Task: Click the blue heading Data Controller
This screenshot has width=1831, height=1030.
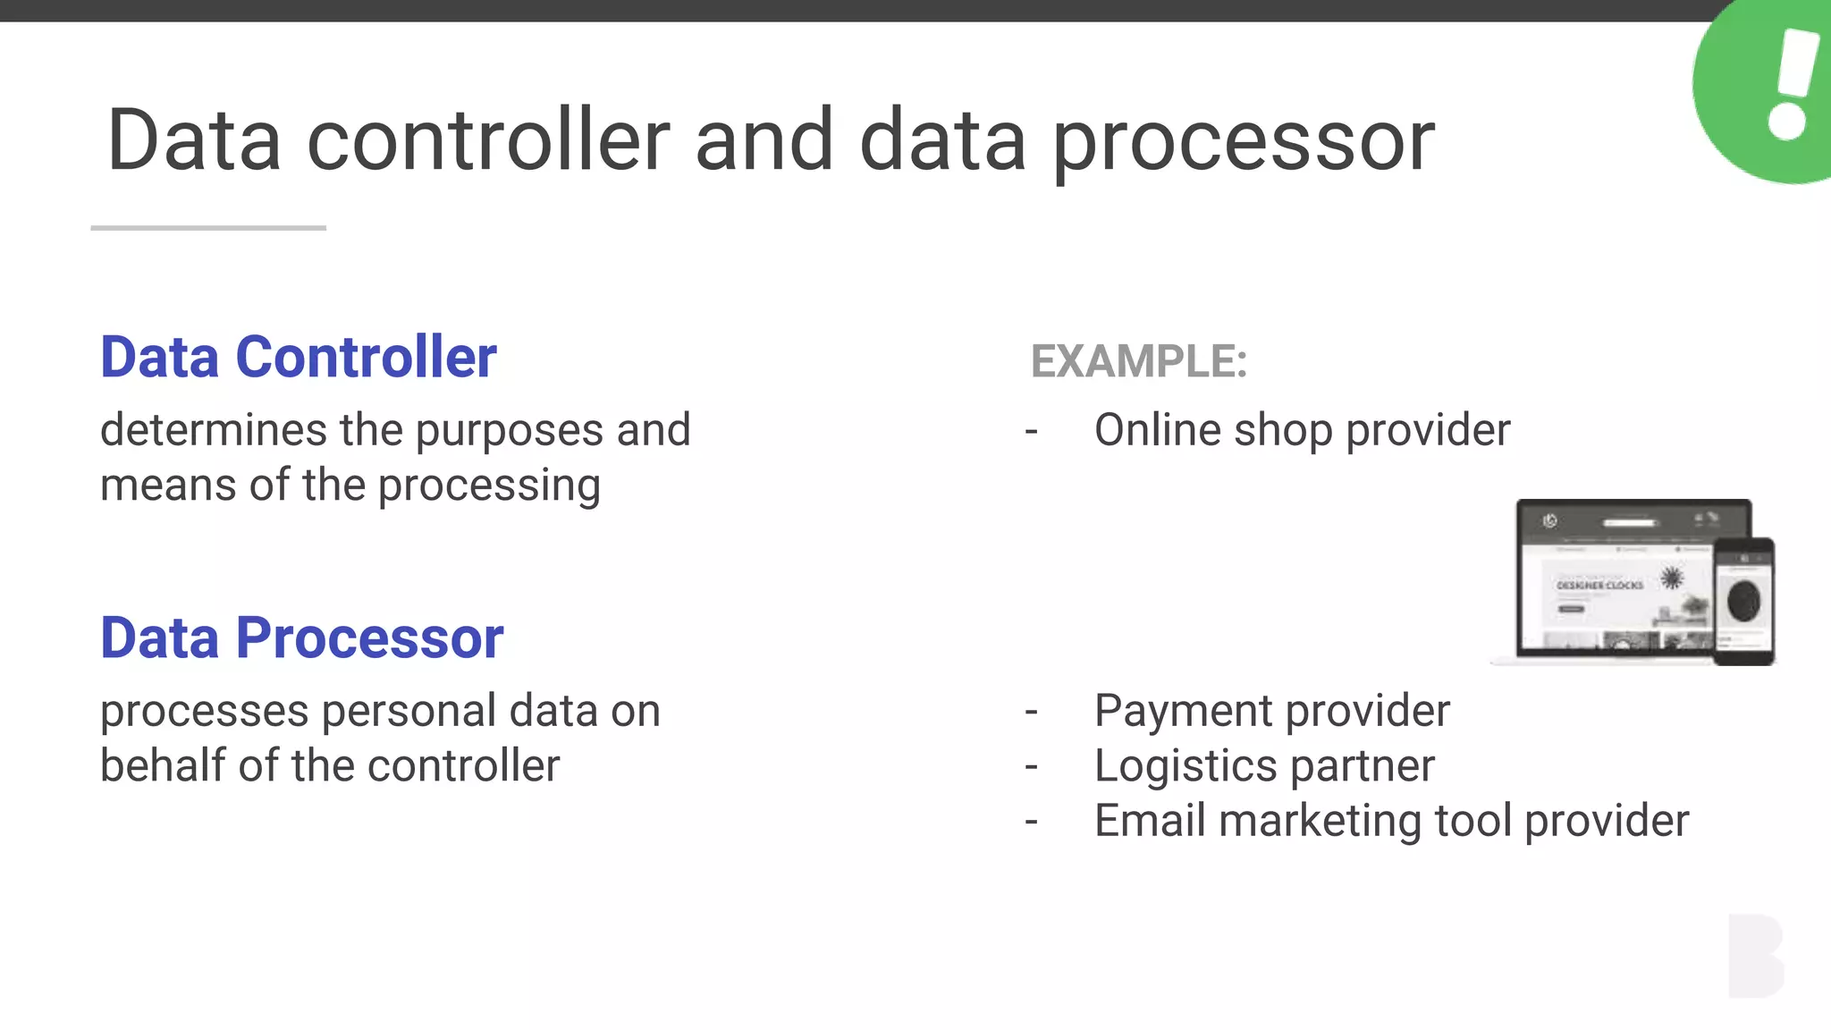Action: click(x=298, y=358)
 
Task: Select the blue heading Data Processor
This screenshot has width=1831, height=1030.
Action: click(x=301, y=638)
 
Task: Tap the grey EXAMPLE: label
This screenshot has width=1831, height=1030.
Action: click(x=1138, y=361)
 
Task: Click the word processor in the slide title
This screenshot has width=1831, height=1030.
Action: click(x=1243, y=141)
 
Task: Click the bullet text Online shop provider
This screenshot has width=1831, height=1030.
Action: click(x=1302, y=430)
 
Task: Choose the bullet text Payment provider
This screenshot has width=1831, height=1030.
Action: click(x=1271, y=711)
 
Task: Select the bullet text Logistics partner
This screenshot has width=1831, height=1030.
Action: click(x=1264, y=766)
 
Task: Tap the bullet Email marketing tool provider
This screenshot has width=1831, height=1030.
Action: click(x=1391, y=821)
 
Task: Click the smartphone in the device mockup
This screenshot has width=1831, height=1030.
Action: click(x=1743, y=601)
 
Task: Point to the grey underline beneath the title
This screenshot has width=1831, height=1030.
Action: click(x=208, y=228)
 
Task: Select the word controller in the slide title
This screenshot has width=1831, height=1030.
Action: click(x=488, y=141)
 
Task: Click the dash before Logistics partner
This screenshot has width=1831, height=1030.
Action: click(x=1032, y=767)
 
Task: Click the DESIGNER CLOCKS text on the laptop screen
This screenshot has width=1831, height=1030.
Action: click(x=1599, y=585)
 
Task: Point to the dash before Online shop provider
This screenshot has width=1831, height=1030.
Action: click(x=1032, y=432)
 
